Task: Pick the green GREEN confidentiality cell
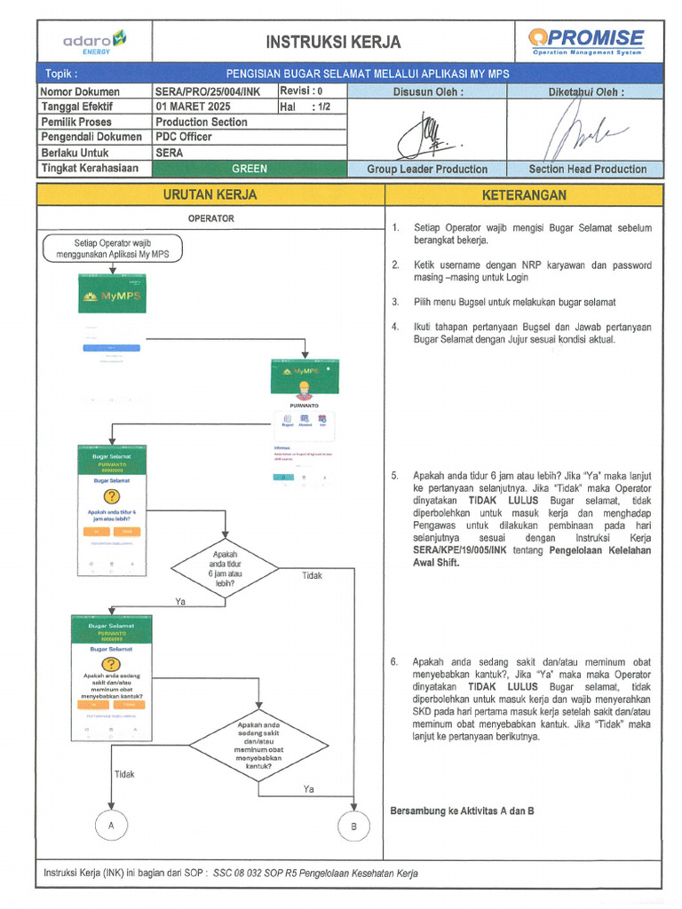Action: pyautogui.click(x=250, y=168)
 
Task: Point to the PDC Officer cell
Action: pyautogui.click(x=185, y=137)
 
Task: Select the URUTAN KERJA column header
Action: pyautogui.click(x=211, y=194)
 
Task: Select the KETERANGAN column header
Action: pyautogui.click(x=523, y=194)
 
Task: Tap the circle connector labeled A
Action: pyautogui.click(x=112, y=825)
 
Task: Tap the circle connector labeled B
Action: pyautogui.click(x=353, y=826)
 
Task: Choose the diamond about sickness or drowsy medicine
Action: pyautogui.click(x=258, y=745)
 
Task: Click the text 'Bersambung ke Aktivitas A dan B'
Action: pyautogui.click(x=462, y=810)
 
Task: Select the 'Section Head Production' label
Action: pyautogui.click(x=587, y=169)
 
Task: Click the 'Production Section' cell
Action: pyautogui.click(x=202, y=122)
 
